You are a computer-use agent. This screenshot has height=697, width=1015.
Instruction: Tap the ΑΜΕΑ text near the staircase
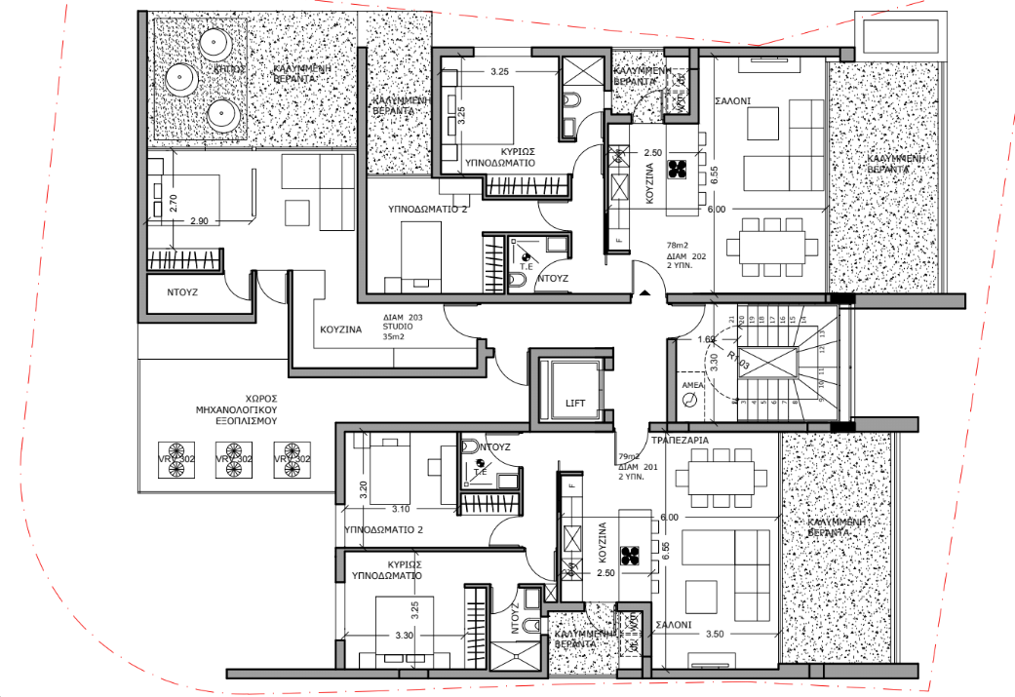tap(693, 386)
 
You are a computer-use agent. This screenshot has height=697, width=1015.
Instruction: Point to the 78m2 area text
tap(678, 246)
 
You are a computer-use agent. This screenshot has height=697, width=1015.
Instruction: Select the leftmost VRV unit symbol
tap(176, 469)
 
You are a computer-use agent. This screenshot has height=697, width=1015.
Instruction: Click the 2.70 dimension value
tap(173, 204)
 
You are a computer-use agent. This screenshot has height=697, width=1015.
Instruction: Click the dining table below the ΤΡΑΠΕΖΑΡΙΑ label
tap(722, 480)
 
